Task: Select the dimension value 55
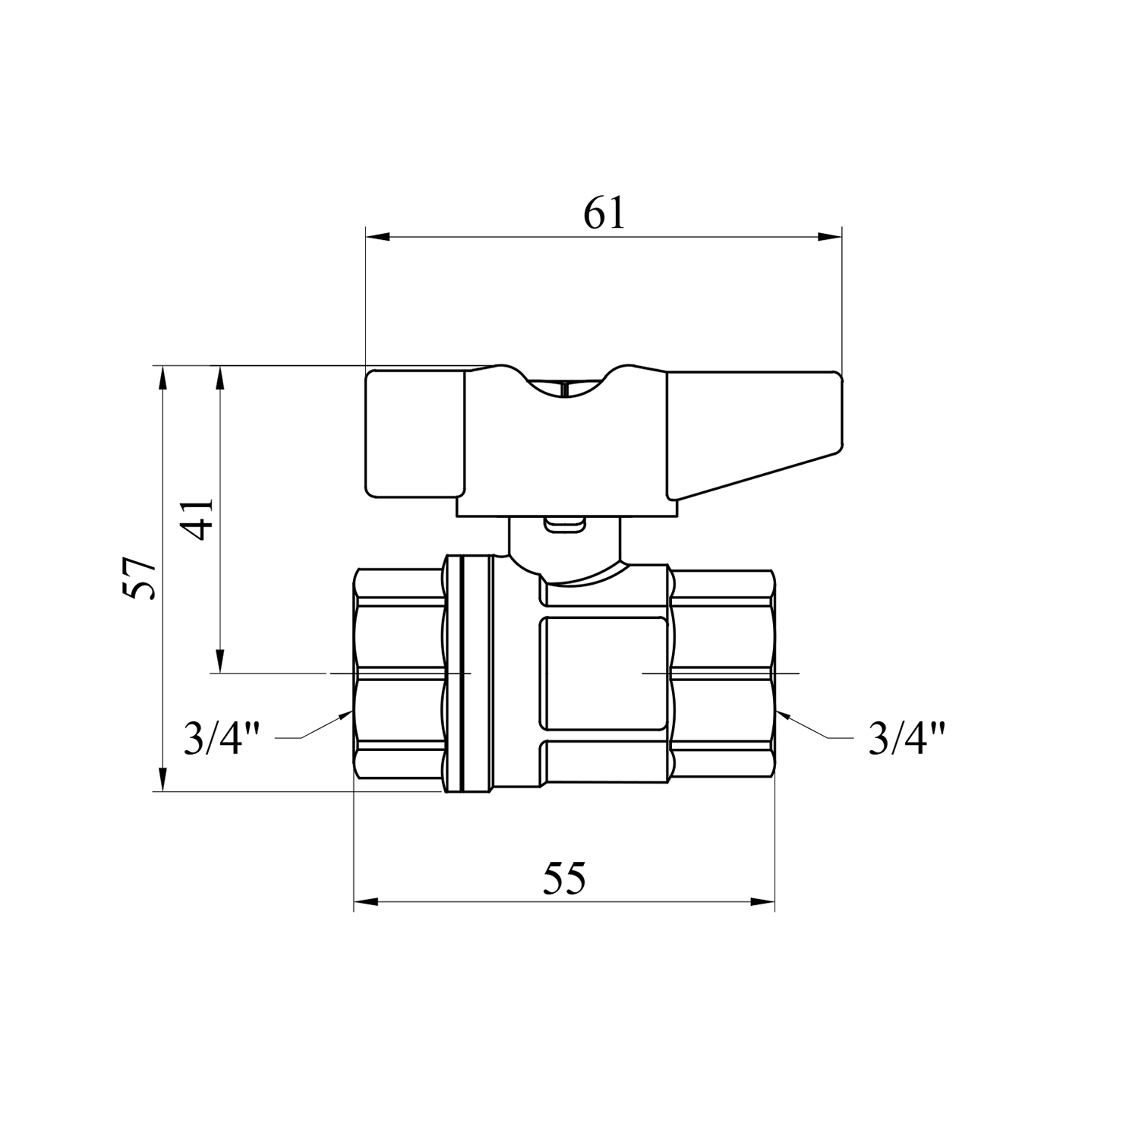[564, 879]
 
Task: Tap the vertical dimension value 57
[142, 578]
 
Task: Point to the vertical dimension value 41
[199, 519]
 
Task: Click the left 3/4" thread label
[222, 737]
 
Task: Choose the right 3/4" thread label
[907, 737]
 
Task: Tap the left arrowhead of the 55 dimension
[365, 902]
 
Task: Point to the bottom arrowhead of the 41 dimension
[220, 661]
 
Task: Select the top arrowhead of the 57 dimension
[162, 377]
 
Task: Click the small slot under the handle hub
[563, 524]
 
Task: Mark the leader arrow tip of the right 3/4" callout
[780, 711]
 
